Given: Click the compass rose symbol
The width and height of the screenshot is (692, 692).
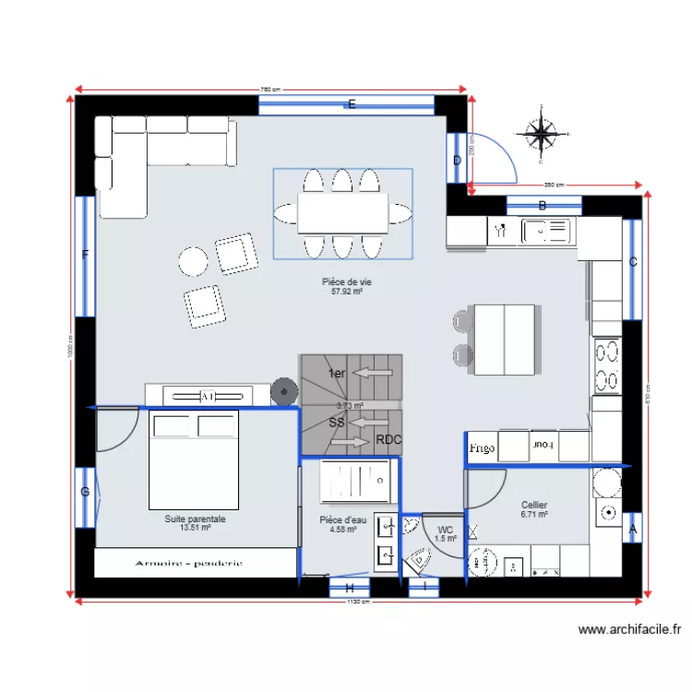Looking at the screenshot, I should pos(542,135).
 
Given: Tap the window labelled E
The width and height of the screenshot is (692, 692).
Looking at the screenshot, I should pos(351,105).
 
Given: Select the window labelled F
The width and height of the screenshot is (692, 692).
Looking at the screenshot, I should pos(85,256).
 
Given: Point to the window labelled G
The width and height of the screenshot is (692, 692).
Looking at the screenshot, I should pos(85,493).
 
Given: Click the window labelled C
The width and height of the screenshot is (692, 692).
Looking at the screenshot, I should pos(632,262).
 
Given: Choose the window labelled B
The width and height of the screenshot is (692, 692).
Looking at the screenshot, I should pos(543,206).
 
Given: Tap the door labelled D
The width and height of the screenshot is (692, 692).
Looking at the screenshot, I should pos(456,161).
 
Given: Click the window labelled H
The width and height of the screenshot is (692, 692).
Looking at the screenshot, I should pos(350,588).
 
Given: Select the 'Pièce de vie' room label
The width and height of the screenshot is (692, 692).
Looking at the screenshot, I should pos(346,282).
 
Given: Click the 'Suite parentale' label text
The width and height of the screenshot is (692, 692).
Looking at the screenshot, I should pos(195,519).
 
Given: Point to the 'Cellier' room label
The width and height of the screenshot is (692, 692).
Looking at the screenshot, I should pos(534,505).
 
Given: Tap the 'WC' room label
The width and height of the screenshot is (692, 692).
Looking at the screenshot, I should pos(445,530).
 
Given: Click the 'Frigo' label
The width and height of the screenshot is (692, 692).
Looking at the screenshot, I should pos(481,448).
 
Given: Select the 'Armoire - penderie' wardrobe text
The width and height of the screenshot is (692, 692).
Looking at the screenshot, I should pos(188,563).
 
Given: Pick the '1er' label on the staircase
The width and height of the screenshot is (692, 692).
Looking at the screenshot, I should pos(337,373).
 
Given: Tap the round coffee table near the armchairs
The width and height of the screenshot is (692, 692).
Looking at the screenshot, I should pos(194,262).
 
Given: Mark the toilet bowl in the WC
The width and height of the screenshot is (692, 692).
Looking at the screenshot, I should pos(420,560).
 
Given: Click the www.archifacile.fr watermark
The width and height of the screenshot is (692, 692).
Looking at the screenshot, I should pos(629,630).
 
